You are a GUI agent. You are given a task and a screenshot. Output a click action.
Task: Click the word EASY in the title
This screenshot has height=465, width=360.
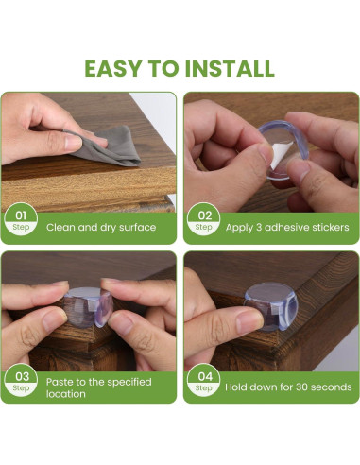pos(112,68)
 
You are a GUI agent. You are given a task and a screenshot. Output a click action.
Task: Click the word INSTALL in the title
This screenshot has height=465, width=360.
pos(230,68)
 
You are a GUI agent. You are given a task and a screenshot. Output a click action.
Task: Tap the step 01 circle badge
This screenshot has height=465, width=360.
pos(21,219)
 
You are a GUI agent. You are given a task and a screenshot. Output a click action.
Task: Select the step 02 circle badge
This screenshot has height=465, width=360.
pos(203,219)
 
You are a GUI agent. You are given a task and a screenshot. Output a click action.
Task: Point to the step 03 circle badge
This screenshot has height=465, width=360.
pos(21,380)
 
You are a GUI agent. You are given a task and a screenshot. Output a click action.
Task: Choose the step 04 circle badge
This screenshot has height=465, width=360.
pos(203,380)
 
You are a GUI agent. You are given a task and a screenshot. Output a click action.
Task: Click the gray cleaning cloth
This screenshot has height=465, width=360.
pos(106,146)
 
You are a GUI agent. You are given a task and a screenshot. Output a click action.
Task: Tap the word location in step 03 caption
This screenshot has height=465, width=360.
pos(66,394)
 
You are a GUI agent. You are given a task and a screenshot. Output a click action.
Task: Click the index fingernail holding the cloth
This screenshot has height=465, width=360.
pos(73,142)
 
